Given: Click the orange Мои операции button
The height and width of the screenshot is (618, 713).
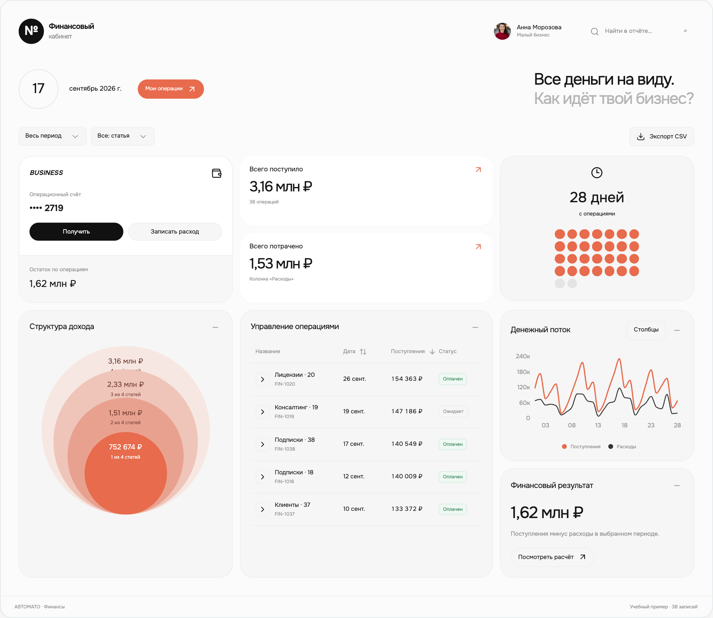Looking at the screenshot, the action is (x=171, y=89).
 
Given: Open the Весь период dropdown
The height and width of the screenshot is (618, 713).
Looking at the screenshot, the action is (x=52, y=136).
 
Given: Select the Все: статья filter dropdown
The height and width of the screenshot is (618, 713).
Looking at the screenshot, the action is (x=122, y=136).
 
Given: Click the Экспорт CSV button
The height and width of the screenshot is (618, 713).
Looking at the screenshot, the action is (x=662, y=136).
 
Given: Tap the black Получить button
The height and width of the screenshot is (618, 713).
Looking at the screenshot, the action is (x=76, y=232).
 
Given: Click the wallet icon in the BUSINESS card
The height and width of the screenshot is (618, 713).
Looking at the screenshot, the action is (x=217, y=173).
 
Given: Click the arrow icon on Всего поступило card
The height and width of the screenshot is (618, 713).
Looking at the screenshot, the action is (x=478, y=170).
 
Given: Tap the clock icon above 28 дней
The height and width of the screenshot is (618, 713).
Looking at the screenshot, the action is (x=597, y=173).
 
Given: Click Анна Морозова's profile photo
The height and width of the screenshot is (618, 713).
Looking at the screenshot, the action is (x=502, y=31).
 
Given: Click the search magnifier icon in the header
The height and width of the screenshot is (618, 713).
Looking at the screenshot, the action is (x=595, y=31).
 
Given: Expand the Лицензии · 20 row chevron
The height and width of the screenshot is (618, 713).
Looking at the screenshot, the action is (x=262, y=379).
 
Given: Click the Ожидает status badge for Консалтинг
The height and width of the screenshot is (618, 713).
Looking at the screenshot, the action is (x=453, y=411).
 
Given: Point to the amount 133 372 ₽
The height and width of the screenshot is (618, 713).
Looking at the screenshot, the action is (x=407, y=509).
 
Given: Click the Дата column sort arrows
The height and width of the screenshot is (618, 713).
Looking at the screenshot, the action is (x=363, y=352).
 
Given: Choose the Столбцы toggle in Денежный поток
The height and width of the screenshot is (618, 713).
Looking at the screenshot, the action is (x=646, y=330).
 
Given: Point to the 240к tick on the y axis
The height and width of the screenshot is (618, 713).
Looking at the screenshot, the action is (x=523, y=356).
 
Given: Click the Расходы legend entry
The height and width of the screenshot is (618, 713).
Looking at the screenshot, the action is (x=622, y=447).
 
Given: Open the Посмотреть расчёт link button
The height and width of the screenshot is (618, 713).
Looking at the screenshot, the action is (x=552, y=557).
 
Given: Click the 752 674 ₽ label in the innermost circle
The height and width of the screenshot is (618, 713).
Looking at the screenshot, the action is (x=126, y=447).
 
